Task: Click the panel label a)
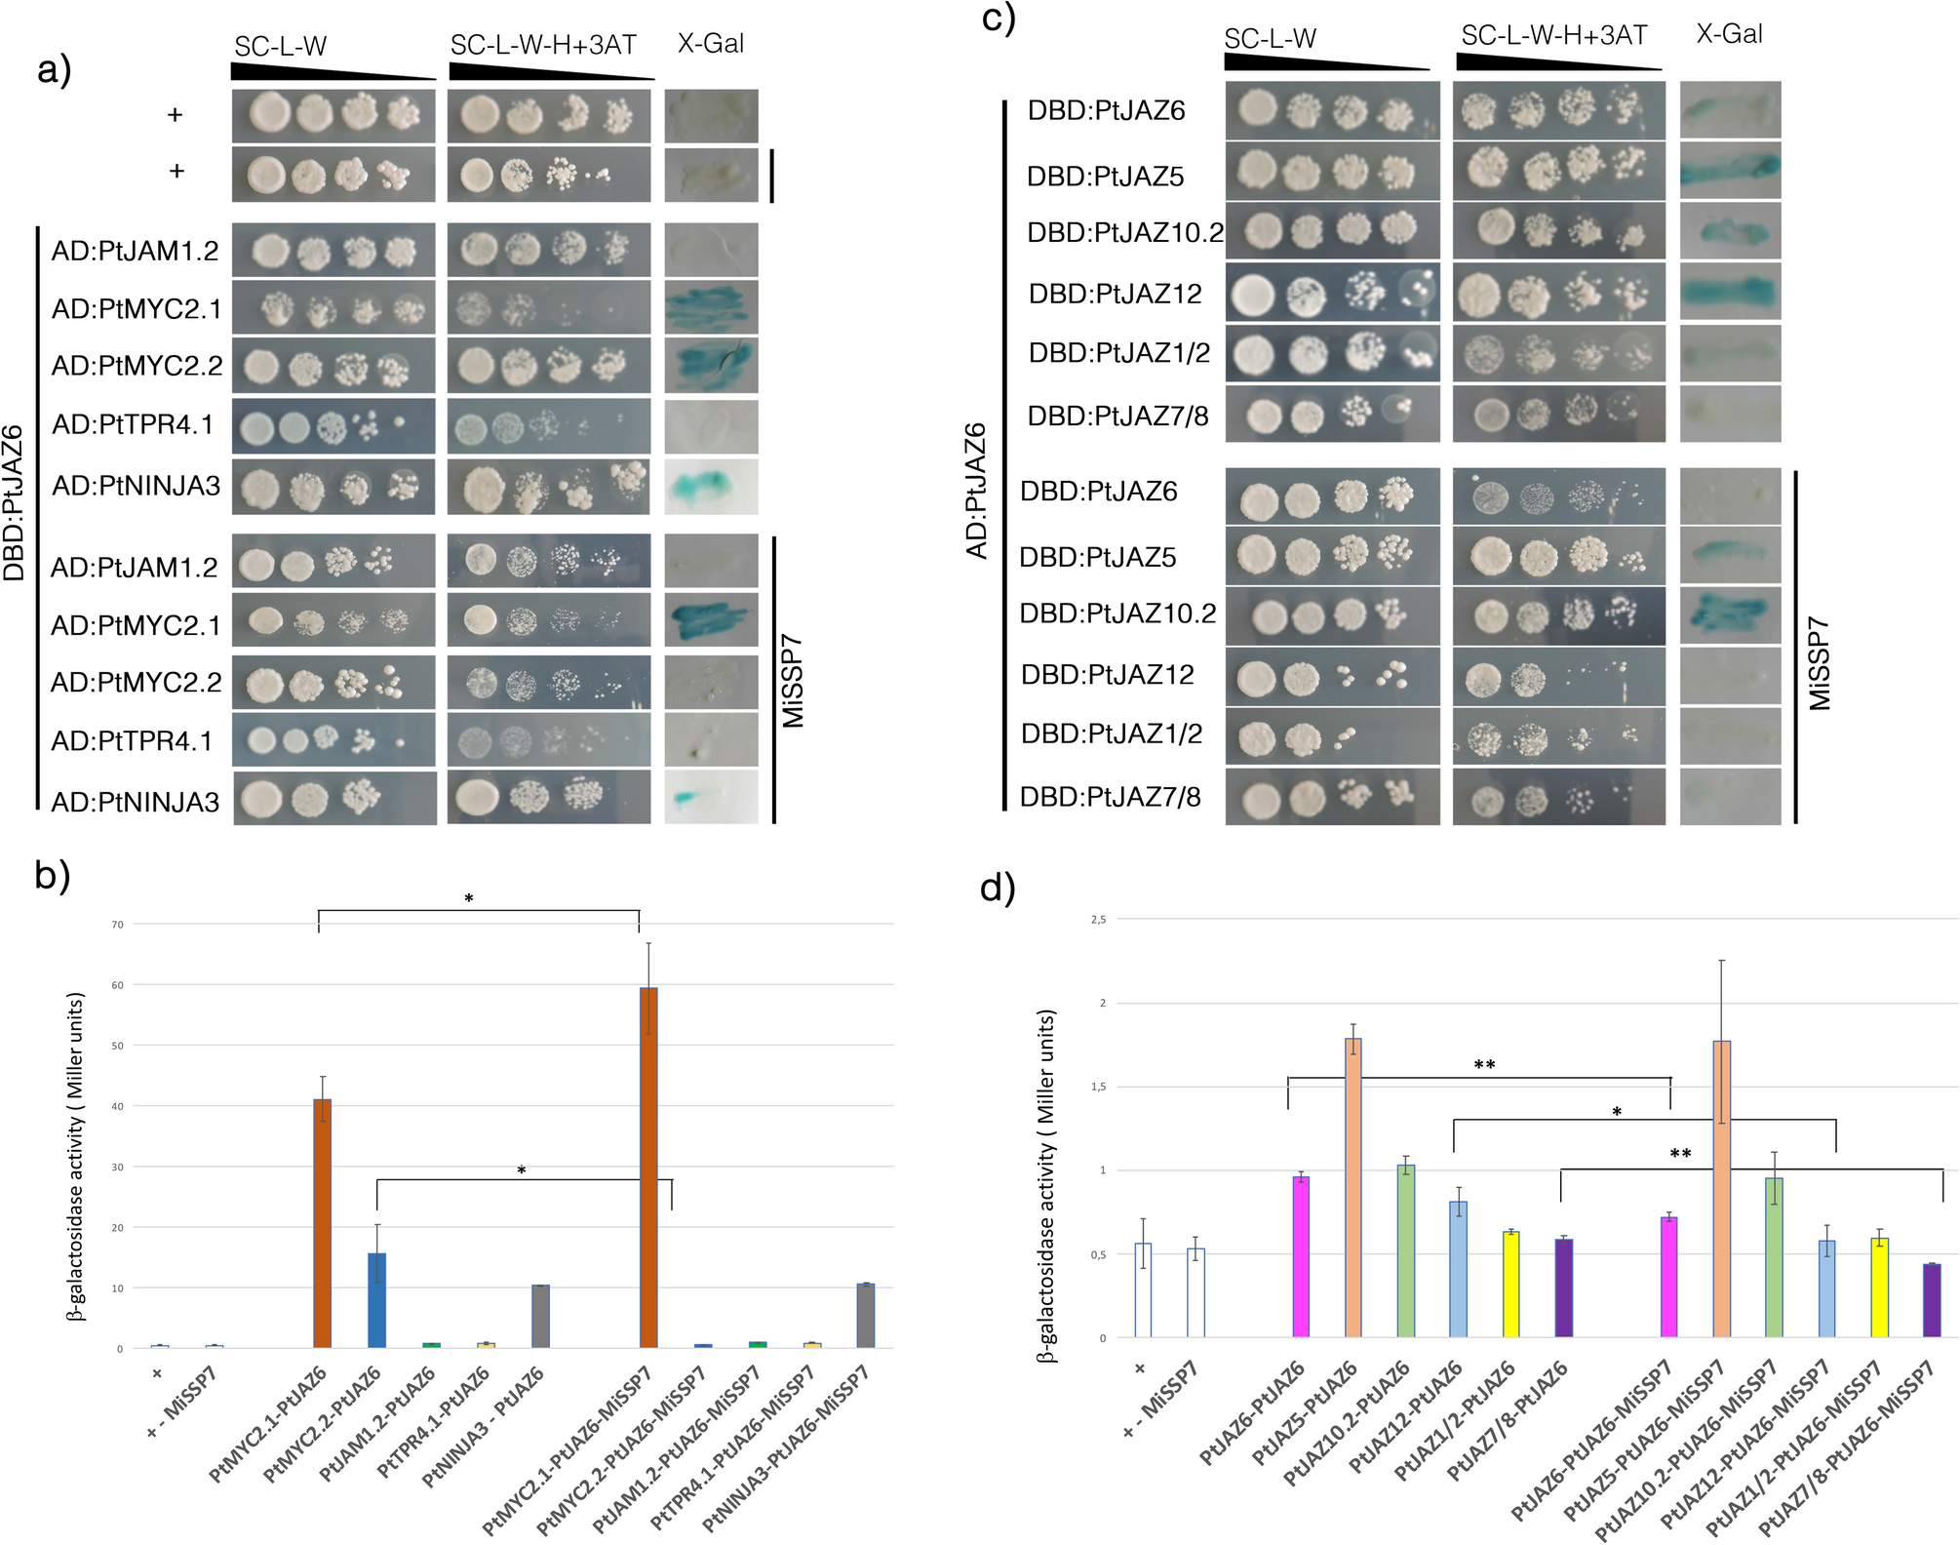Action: [x=54, y=69]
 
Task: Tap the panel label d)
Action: [x=998, y=887]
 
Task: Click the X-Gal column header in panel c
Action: [x=1729, y=34]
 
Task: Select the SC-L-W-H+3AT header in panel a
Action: [x=543, y=45]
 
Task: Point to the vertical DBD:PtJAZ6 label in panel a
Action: [x=15, y=502]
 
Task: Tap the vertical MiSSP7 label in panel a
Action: [x=793, y=680]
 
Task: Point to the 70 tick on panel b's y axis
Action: [x=117, y=924]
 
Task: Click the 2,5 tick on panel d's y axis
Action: [x=1098, y=919]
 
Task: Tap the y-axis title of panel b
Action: [x=76, y=1156]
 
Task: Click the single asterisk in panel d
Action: [x=1616, y=1112]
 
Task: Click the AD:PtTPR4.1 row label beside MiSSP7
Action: [x=132, y=741]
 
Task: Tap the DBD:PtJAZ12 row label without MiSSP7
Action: [x=1115, y=294]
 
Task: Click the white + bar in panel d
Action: [x=1143, y=1288]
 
